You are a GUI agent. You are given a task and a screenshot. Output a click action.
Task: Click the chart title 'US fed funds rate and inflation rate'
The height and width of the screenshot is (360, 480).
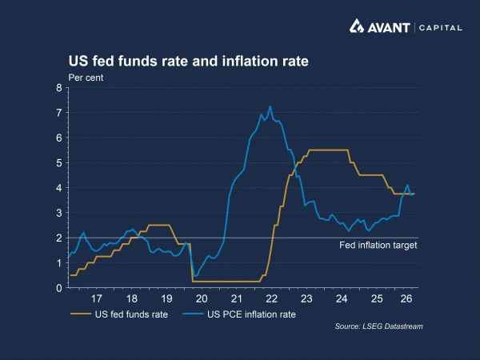coord(188,61)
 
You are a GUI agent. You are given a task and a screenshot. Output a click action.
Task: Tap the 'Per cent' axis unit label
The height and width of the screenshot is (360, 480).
coord(86,78)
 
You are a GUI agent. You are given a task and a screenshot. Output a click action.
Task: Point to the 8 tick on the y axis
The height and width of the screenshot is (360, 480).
coord(59,88)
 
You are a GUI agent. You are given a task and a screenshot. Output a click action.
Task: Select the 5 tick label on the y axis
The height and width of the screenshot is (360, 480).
coord(59,163)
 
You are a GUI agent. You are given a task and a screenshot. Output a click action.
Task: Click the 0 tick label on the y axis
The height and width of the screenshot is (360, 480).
coord(59,288)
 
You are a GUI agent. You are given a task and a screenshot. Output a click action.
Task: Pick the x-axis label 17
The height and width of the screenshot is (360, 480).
coord(97,298)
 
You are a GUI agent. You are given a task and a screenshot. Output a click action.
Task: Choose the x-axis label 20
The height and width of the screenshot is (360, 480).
coord(202,298)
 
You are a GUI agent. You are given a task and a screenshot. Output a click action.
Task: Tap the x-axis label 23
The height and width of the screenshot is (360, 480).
coord(306,298)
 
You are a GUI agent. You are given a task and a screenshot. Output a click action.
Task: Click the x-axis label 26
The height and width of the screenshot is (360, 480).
coord(406,298)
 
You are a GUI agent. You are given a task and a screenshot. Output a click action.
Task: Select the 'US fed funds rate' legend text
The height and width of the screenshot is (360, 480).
coord(131,314)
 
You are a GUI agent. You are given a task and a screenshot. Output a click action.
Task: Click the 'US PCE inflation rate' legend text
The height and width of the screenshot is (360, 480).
coord(251,314)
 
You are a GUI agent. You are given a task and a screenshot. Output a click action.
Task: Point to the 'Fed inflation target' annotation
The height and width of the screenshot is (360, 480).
coord(378,246)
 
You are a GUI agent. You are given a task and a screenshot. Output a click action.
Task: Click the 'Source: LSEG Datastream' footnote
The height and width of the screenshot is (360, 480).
coord(378,326)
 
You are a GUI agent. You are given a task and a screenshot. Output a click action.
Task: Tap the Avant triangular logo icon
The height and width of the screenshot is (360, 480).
coord(357,26)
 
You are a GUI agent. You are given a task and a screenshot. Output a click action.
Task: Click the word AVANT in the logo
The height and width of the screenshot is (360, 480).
coord(389,28)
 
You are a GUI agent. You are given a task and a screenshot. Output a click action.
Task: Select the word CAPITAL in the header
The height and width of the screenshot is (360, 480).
coord(441,28)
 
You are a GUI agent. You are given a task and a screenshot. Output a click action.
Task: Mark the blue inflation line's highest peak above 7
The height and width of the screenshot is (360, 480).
coord(270,106)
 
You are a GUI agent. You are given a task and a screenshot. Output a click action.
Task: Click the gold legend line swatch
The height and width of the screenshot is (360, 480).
coord(81,314)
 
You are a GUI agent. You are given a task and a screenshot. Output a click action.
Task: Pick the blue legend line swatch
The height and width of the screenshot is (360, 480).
coord(193,314)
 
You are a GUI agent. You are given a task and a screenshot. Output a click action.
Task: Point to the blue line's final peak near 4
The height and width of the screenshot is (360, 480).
coord(407,185)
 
